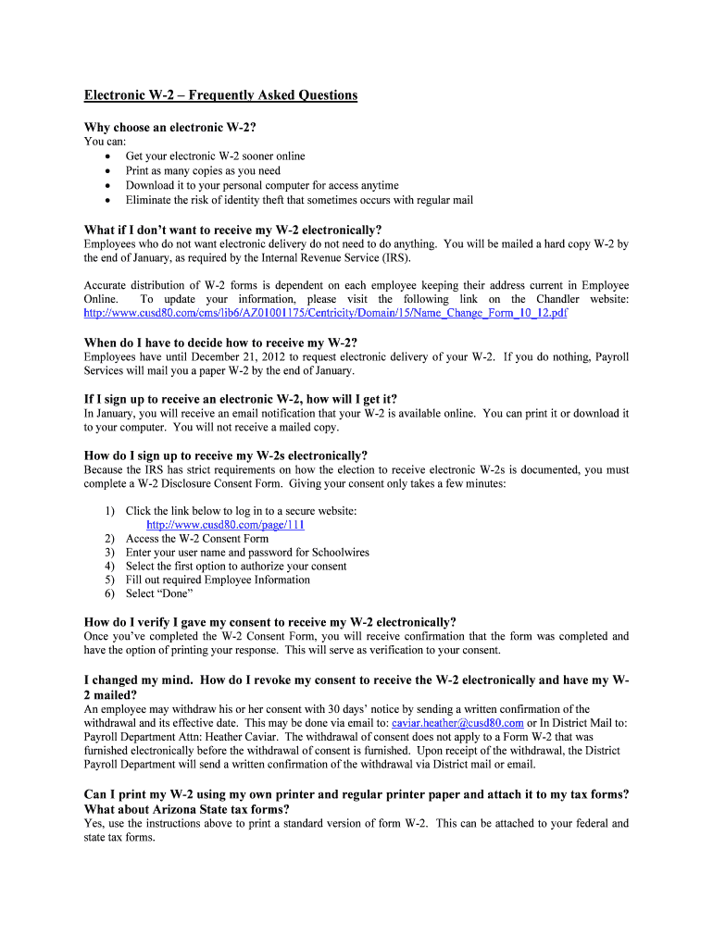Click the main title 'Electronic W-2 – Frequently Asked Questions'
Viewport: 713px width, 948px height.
(220, 95)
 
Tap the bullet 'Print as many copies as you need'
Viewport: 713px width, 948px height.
(203, 170)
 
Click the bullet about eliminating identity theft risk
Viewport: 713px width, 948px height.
(299, 199)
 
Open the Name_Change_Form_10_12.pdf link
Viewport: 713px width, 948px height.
(325, 313)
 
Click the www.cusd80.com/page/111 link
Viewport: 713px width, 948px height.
(226, 524)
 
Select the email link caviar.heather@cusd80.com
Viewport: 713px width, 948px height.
(457, 722)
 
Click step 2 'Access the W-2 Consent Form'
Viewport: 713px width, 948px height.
(196, 538)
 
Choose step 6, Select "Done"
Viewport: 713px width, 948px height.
(159, 593)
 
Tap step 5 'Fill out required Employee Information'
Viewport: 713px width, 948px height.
(218, 580)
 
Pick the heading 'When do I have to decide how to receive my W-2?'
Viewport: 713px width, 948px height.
(220, 343)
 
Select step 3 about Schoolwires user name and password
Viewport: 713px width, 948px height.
(247, 552)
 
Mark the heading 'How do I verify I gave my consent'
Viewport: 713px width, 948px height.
(269, 622)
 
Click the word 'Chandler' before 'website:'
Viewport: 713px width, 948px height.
(557, 299)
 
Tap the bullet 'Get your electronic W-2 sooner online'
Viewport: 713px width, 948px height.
(215, 156)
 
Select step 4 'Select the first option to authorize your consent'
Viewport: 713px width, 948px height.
(236, 566)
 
